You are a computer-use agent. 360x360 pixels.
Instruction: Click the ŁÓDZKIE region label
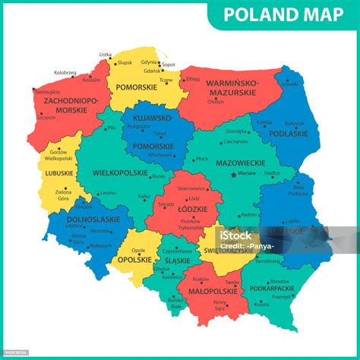(185, 207)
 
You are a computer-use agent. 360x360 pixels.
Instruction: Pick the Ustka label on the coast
(105, 55)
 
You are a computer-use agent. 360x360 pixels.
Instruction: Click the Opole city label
(137, 249)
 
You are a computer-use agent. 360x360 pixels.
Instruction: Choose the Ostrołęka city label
(236, 131)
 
